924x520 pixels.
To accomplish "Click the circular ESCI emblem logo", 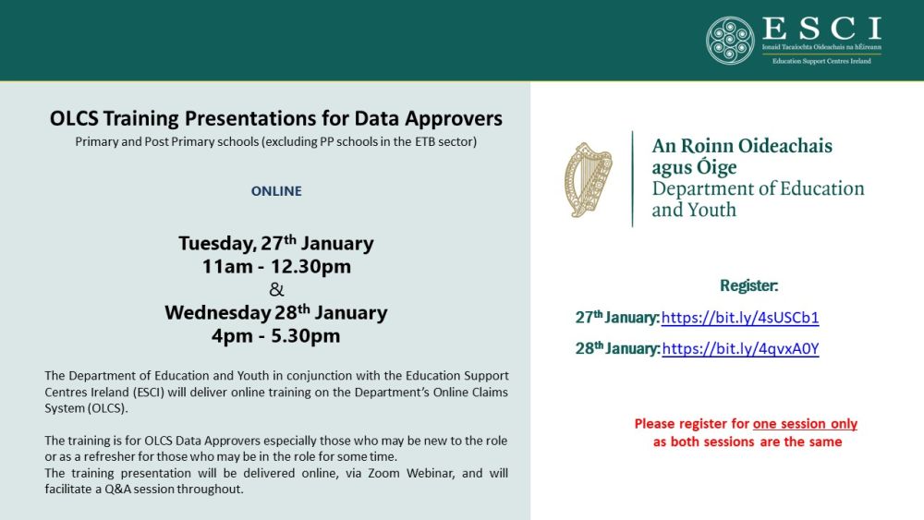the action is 730,40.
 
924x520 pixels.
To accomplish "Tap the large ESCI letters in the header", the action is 821,29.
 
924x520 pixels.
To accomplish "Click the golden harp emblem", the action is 588,179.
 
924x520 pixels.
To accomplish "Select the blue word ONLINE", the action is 276,191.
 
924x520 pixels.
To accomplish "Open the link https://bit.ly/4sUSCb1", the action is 740,318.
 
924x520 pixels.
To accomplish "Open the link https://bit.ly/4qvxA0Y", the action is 741,348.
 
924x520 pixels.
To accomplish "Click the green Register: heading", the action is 749,285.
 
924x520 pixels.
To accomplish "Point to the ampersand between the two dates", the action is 276,289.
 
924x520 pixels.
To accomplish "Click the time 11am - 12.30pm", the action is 276,266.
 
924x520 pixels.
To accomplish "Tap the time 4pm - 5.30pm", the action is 276,335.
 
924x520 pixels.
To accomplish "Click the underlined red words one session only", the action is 805,424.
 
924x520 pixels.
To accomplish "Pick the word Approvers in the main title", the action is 454,118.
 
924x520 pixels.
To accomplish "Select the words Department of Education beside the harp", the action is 758,188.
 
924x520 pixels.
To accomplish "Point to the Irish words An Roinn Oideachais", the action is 742,145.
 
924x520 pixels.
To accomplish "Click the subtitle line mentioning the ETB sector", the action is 275,142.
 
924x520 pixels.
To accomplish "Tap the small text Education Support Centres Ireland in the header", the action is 821,61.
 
